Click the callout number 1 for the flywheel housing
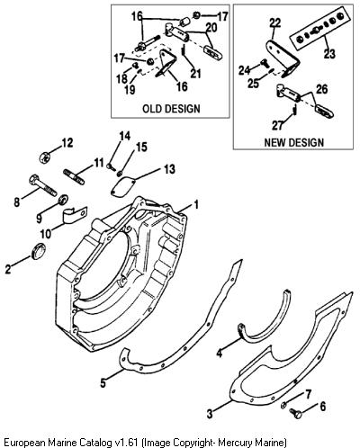pyautogui.click(x=196, y=205)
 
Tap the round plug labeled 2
pyautogui.click(x=39, y=251)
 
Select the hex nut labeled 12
pyautogui.click(x=44, y=157)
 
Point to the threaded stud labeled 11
pyautogui.click(x=74, y=177)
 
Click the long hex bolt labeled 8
pyautogui.click(x=43, y=184)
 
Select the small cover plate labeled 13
pyautogui.click(x=123, y=187)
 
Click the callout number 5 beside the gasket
pyautogui.click(x=103, y=382)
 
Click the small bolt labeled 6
pyautogui.click(x=295, y=413)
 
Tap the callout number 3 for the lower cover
pyautogui.click(x=210, y=414)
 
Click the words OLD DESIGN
pyautogui.click(x=171, y=108)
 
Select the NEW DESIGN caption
pyautogui.click(x=294, y=142)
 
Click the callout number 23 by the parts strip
pyautogui.click(x=329, y=54)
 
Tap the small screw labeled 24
pyautogui.click(x=265, y=63)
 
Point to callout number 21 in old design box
pyautogui.click(x=195, y=74)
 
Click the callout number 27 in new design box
pyautogui.click(x=277, y=125)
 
